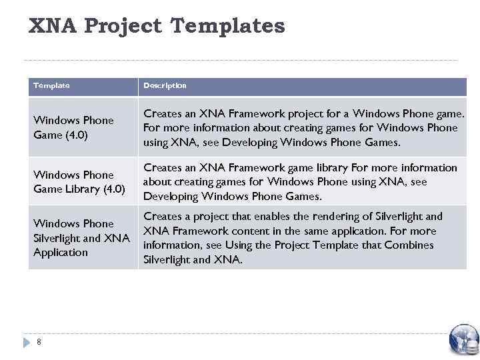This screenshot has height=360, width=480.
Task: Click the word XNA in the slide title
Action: click(53, 26)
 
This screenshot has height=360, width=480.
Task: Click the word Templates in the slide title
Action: click(227, 26)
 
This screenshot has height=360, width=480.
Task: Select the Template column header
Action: click(52, 85)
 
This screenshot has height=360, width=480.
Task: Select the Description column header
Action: click(165, 85)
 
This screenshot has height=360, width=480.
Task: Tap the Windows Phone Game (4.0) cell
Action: click(73, 127)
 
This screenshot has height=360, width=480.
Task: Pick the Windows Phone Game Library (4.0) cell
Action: click(79, 182)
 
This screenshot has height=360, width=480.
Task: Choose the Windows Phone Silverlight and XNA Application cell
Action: click(81, 238)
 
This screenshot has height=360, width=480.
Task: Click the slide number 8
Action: click(39, 342)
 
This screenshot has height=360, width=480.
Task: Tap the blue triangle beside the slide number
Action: click(27, 342)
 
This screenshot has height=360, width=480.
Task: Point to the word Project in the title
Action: click(124, 26)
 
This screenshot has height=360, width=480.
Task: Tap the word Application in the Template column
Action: click(61, 253)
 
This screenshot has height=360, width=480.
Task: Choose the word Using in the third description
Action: click(226, 245)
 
